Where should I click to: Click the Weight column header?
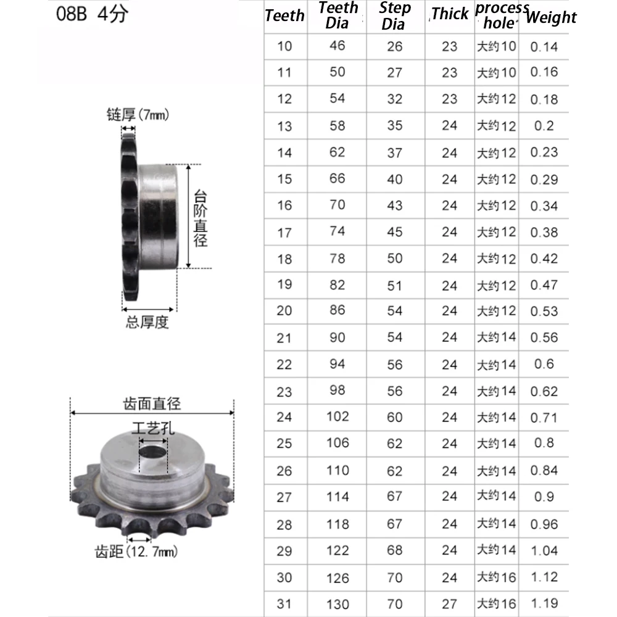[x=551, y=17]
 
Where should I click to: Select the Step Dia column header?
[x=394, y=16]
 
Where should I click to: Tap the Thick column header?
[x=450, y=14]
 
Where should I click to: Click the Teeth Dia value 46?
[x=337, y=46]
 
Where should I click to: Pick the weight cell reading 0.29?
[x=544, y=180]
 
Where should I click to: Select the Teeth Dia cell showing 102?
[x=337, y=416]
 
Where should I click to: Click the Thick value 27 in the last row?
[x=449, y=603]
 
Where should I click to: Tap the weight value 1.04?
[x=544, y=550]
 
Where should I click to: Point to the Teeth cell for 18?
[x=284, y=259]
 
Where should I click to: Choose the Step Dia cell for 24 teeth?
[x=394, y=417]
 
